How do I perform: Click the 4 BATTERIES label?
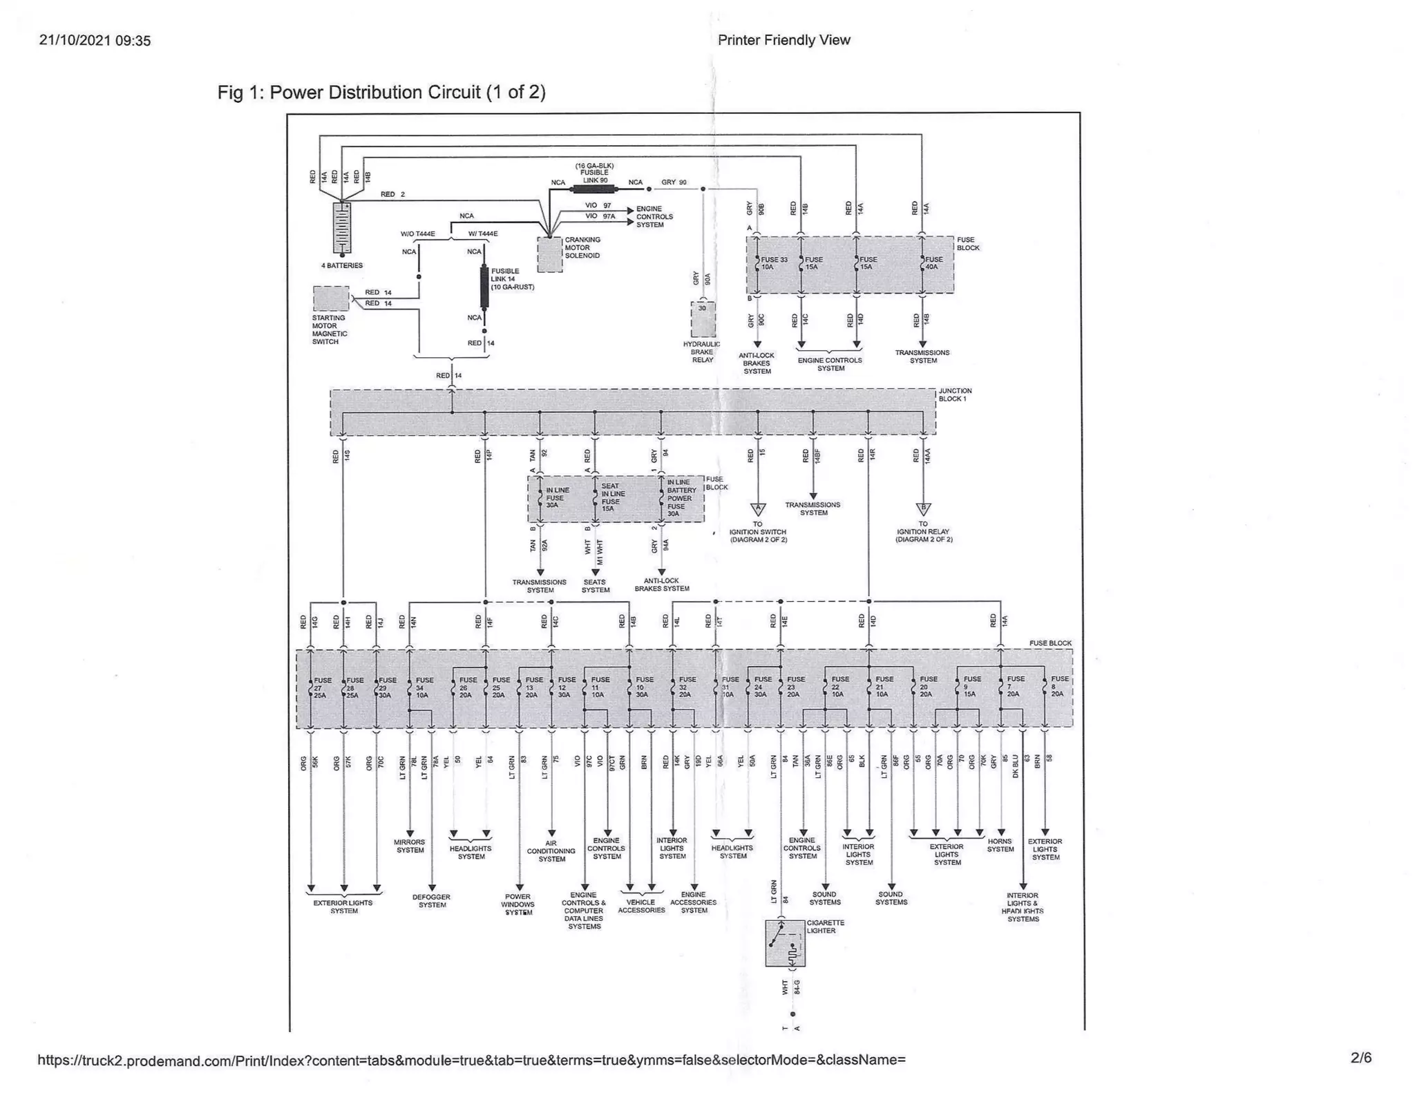[341, 265]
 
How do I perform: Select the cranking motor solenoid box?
[549, 254]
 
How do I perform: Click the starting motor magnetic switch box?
[331, 298]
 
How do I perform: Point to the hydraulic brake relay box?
[703, 319]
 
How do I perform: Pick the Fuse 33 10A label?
[773, 263]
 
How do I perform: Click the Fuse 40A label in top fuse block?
[933, 263]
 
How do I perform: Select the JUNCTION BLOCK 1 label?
[955, 395]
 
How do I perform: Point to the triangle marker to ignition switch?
[758, 509]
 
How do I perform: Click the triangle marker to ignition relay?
[923, 509]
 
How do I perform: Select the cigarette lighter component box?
[785, 943]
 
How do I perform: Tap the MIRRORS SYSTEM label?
[410, 846]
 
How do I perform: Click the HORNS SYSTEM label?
[1000, 846]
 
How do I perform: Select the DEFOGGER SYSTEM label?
[432, 901]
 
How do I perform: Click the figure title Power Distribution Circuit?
[381, 93]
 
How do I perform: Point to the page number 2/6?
[1360, 1058]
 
